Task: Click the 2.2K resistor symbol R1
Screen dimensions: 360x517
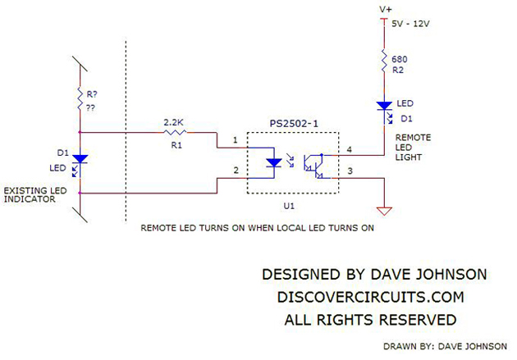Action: [175, 131]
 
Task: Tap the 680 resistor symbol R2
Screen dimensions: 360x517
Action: [383, 60]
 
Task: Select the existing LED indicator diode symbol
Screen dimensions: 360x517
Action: [80, 161]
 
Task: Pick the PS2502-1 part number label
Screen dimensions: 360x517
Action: [293, 123]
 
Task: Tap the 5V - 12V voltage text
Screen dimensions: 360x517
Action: [411, 25]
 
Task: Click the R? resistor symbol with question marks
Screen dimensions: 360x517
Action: [80, 98]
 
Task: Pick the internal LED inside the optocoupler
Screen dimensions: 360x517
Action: [272, 162]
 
